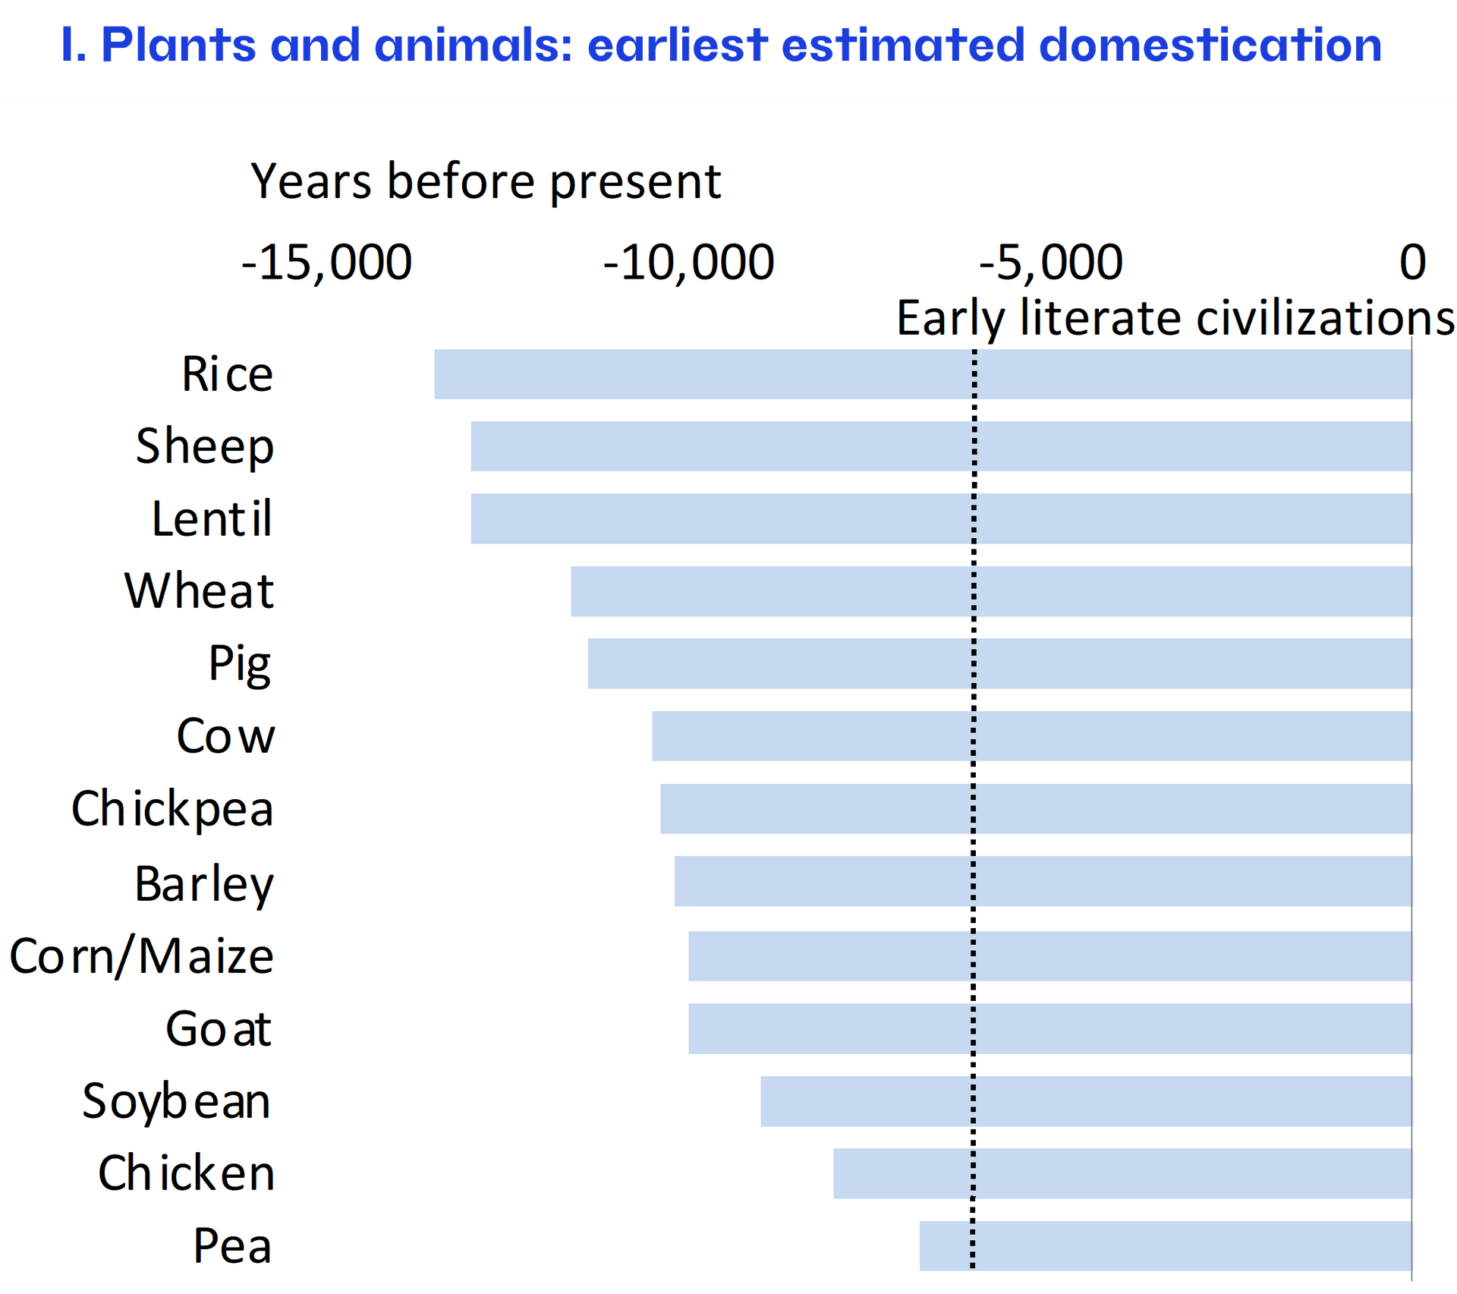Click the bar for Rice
(922, 374)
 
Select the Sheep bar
(941, 446)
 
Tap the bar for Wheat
(990, 591)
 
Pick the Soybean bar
(1085, 1101)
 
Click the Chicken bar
(1122, 1173)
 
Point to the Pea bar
(1165, 1245)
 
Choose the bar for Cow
(1031, 736)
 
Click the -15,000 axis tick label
(326, 263)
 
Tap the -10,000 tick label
(688, 263)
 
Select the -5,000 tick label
(1050, 263)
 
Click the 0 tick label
(1412, 263)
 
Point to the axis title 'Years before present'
(486, 182)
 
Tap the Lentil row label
(212, 519)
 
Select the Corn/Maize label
(141, 956)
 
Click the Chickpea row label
(172, 809)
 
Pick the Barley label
(204, 884)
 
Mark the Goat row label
(219, 1029)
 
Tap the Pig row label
(240, 664)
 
